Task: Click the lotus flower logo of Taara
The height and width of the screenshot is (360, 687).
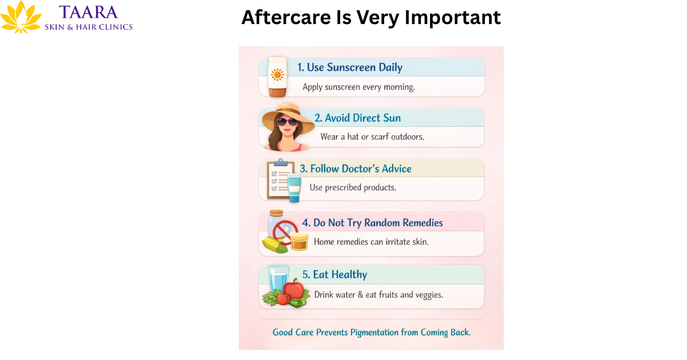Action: (x=21, y=17)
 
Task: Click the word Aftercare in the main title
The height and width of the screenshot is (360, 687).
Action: (x=279, y=18)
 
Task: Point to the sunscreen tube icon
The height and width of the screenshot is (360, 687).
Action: (x=277, y=76)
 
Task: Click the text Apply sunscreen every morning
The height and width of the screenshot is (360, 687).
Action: (x=358, y=87)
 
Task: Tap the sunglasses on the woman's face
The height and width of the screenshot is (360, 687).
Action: (x=287, y=122)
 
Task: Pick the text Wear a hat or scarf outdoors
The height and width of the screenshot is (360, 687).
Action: (x=372, y=137)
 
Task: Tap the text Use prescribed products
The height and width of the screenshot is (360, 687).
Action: (x=353, y=187)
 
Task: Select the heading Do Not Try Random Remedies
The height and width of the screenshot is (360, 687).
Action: (x=378, y=223)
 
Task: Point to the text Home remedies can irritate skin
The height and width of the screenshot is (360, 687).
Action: (x=371, y=242)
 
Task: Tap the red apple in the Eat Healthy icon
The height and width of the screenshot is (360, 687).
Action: (x=294, y=289)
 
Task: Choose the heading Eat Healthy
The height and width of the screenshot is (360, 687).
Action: (x=340, y=275)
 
